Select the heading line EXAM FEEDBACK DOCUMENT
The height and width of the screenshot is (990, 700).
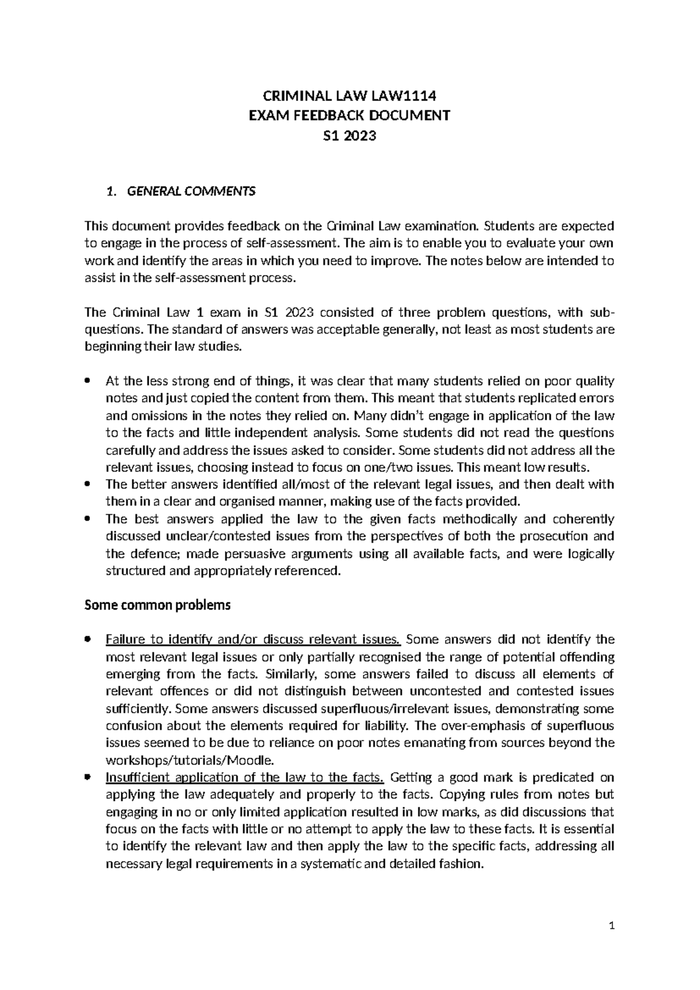click(349, 115)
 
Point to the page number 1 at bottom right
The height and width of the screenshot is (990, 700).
click(611, 926)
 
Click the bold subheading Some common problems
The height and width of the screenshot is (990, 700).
click(157, 605)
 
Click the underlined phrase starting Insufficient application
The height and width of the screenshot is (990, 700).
click(244, 777)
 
